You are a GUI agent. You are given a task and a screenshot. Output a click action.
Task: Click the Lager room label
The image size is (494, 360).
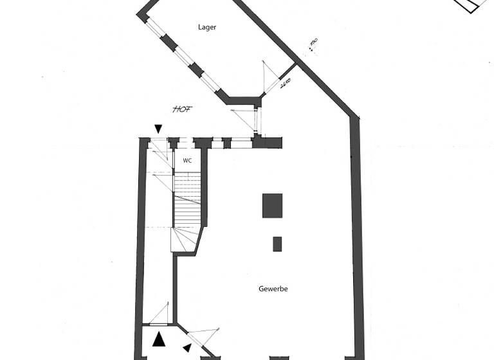(207, 28)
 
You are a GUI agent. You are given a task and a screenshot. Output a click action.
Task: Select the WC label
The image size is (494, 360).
(187, 161)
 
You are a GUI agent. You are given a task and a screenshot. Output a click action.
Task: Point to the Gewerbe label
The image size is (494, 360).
(273, 289)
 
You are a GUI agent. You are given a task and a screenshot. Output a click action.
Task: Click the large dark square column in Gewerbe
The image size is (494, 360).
(272, 206)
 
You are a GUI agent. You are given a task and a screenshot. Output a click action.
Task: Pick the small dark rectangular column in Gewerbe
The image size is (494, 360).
(277, 244)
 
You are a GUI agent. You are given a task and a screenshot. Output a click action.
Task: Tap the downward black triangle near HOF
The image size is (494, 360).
(158, 130)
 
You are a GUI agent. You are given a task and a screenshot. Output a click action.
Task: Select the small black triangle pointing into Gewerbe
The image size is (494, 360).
(187, 348)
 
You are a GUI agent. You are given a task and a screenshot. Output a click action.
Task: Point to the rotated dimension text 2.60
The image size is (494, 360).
(286, 83)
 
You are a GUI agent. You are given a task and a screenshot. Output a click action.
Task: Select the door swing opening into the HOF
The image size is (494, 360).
(244, 119)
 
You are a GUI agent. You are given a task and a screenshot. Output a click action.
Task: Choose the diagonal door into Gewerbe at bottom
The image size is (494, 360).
(196, 337)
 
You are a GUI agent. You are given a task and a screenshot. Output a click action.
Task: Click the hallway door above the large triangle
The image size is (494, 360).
(159, 315)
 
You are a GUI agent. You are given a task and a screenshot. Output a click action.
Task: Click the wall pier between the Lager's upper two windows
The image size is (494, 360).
(169, 42)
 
